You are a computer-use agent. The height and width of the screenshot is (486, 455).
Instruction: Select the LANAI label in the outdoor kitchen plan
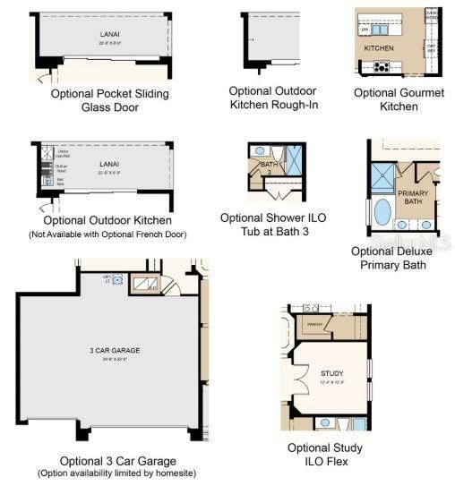coord(109,164)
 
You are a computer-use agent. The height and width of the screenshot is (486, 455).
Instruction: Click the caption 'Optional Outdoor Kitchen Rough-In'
coord(274,98)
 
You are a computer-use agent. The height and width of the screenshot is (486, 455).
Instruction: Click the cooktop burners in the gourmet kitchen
coord(382,65)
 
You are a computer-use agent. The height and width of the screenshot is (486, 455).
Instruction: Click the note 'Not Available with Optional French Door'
coord(107,234)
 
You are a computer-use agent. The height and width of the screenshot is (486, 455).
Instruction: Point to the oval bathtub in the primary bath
coord(382,212)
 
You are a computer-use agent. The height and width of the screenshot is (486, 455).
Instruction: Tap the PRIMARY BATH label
coord(414,197)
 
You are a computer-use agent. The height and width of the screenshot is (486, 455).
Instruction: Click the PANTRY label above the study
coord(314,324)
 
